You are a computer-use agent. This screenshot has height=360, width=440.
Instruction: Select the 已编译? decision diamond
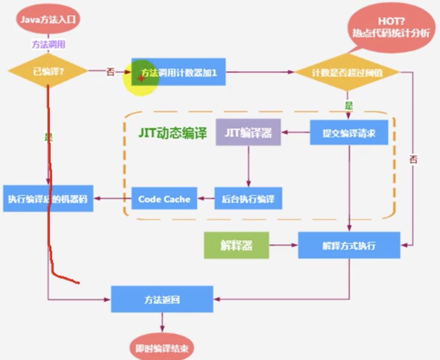(x=48, y=72)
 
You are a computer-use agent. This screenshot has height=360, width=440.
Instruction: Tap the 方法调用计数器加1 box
(x=179, y=72)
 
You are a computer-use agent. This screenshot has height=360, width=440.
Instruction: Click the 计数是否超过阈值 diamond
(x=346, y=72)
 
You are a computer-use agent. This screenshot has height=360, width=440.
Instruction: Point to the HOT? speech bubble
(x=391, y=27)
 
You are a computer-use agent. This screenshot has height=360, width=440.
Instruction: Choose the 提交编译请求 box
(x=349, y=133)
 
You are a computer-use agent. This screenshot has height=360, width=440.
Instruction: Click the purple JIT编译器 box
(x=248, y=133)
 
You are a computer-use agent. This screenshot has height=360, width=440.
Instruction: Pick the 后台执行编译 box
(x=248, y=199)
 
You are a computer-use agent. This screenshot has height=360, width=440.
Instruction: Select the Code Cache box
(x=164, y=199)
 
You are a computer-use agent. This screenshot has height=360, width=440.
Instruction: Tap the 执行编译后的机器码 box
(x=48, y=198)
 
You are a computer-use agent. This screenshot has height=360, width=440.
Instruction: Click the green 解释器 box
(x=236, y=245)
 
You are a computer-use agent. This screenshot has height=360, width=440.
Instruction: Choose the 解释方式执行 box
(x=349, y=245)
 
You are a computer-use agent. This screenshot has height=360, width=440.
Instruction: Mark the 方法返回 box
(x=162, y=299)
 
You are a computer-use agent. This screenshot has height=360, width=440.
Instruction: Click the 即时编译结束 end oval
(x=162, y=349)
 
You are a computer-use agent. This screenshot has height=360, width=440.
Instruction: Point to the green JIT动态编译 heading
(x=173, y=133)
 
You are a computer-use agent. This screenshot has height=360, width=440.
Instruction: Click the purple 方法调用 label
(x=48, y=45)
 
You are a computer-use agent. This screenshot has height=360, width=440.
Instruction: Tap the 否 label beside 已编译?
(x=110, y=72)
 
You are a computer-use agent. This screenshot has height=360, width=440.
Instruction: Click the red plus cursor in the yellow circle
(x=141, y=78)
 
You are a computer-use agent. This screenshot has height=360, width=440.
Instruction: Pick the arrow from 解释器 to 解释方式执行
(x=283, y=245)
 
